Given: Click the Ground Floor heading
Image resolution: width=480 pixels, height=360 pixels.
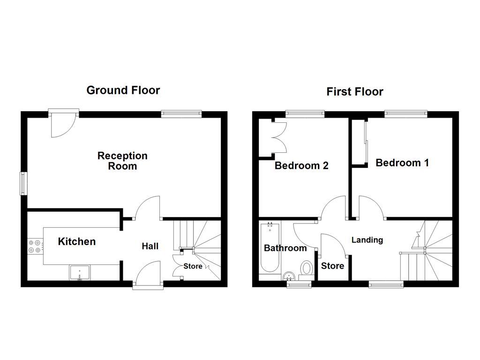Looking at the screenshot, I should click(x=123, y=90).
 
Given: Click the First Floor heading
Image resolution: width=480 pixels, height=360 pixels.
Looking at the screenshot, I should click(x=354, y=91).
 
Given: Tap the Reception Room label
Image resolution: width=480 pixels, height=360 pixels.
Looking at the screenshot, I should click(x=122, y=160).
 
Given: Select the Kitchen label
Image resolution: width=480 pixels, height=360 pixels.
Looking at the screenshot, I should click(x=77, y=241).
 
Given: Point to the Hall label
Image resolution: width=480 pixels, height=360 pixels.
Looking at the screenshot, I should click(x=150, y=246).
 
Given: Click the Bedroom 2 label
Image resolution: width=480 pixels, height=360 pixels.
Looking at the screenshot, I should click(x=301, y=165).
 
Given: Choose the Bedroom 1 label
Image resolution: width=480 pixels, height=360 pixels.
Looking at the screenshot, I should click(x=402, y=163).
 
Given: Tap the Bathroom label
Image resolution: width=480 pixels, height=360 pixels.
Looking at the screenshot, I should click(x=285, y=248).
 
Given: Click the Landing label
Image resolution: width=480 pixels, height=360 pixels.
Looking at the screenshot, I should click(x=367, y=240).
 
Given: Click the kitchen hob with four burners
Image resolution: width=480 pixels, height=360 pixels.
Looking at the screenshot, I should click(x=35, y=246).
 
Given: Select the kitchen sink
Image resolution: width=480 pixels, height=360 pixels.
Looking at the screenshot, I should click(x=80, y=272).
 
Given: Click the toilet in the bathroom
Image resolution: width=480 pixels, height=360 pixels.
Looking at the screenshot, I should click(x=307, y=269).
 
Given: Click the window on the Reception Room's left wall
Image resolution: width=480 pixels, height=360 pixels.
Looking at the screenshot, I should click(x=22, y=183).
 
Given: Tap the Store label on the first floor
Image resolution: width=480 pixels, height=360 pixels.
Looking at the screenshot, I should click(x=332, y=266).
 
